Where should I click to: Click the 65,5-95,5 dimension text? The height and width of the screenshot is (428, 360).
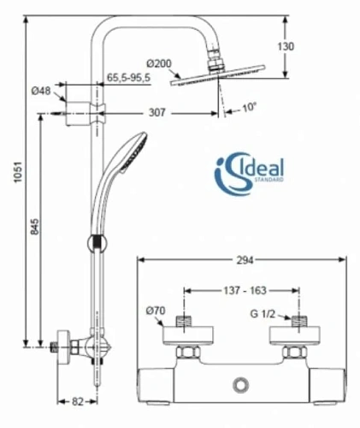tap(128, 77)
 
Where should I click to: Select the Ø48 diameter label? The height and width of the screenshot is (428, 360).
tap(40, 92)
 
